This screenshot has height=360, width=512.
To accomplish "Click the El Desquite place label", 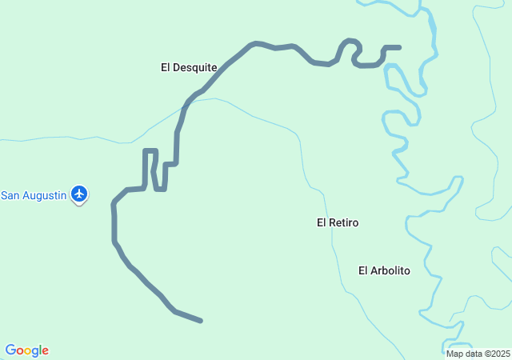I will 189,68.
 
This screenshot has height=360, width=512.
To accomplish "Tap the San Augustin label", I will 33,195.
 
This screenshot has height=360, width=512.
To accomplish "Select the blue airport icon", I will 79,193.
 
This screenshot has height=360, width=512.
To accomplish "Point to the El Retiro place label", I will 338,222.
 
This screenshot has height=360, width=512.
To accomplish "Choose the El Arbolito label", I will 384,270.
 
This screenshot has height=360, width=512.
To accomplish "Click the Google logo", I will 27,350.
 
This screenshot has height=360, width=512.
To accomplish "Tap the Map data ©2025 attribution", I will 478,354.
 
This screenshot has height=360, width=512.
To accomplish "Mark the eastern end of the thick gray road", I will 398,48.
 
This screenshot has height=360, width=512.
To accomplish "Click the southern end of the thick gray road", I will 200,321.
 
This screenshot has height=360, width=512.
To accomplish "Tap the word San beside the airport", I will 10,195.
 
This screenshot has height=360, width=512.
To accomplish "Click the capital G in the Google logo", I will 11,350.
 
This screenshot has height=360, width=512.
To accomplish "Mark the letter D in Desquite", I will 178,68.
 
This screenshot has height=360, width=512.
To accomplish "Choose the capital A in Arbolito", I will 374,270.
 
